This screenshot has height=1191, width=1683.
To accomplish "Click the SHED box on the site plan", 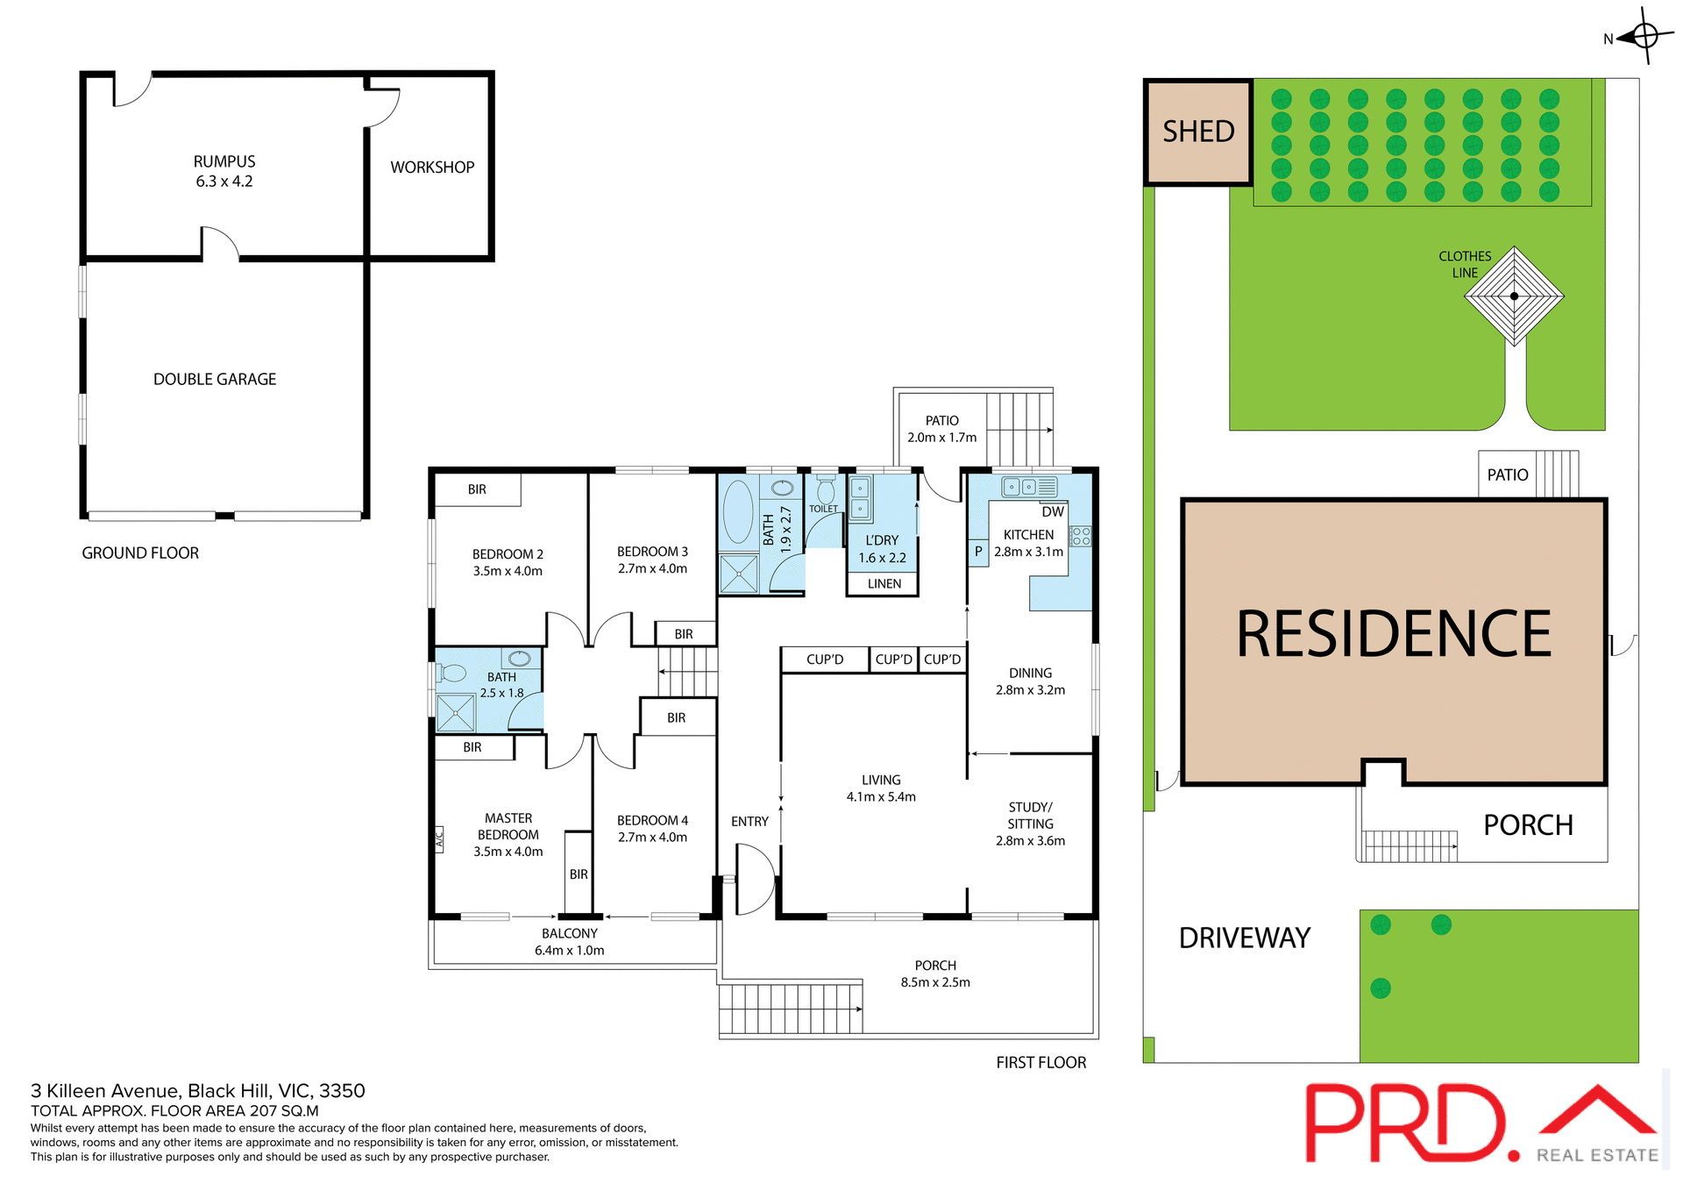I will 1198,132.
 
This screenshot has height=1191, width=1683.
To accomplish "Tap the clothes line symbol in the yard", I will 1514,296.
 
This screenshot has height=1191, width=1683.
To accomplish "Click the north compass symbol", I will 1644,36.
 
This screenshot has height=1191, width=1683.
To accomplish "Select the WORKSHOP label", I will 432,168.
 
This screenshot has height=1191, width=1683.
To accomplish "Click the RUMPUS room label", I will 224,162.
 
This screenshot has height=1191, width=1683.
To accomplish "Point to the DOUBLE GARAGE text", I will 215,380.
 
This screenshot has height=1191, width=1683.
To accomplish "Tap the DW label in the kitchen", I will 1053,512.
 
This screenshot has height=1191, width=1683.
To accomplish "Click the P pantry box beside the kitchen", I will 978,552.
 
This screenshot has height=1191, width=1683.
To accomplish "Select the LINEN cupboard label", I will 884,584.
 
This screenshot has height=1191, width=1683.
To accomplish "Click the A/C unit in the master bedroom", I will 439,839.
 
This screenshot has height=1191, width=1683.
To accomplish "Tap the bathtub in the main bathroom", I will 738,511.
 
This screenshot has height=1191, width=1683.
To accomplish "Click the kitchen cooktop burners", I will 1081,537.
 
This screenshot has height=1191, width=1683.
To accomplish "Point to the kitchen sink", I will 1020,487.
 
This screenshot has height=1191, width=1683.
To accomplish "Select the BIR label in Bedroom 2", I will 477,490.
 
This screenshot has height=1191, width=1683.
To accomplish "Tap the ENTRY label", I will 749,822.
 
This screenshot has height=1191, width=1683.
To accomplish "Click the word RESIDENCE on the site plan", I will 1393,634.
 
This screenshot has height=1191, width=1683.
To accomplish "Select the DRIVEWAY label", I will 1244,938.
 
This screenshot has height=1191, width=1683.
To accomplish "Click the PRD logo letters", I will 1406,1123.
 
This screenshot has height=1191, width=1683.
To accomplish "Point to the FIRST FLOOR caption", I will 1040,1063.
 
